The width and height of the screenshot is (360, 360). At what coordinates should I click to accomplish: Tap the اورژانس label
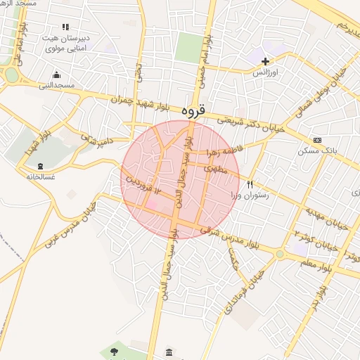(266, 72)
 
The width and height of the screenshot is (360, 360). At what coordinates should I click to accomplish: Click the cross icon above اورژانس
(265, 62)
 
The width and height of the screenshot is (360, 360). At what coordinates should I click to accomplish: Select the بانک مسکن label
(314, 150)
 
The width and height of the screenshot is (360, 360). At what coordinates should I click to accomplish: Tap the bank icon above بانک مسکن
(317, 140)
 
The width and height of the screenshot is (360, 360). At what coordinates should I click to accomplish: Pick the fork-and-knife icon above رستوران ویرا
(249, 184)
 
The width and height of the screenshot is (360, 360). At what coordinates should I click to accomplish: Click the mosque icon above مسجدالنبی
(56, 75)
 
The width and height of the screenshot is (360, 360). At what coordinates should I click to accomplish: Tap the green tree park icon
(114, 350)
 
